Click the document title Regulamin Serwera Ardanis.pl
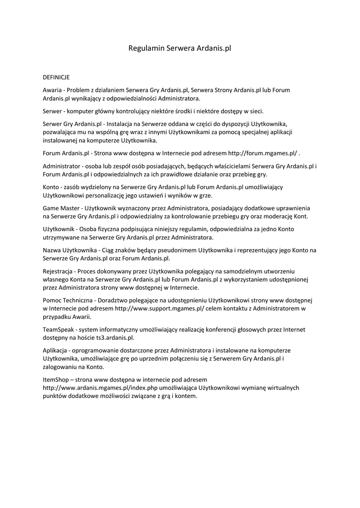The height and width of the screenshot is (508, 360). pos(180,49)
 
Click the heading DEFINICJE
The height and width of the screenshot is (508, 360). pos(56,77)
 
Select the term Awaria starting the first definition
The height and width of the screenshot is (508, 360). pos(52,90)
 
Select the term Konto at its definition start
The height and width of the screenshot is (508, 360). pos(52,187)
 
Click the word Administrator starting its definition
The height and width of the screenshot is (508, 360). pos(62,166)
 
